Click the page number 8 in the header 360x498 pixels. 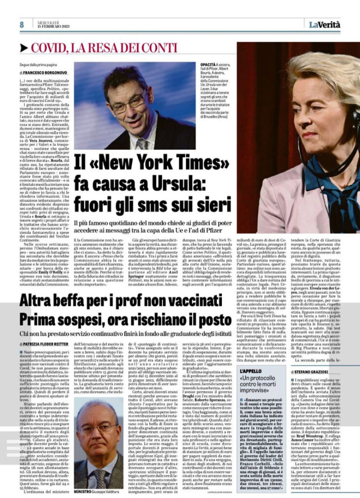click(x=22, y=25)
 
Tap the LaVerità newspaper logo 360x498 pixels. click(x=324, y=24)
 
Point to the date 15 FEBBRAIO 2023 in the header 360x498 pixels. click(x=53, y=26)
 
